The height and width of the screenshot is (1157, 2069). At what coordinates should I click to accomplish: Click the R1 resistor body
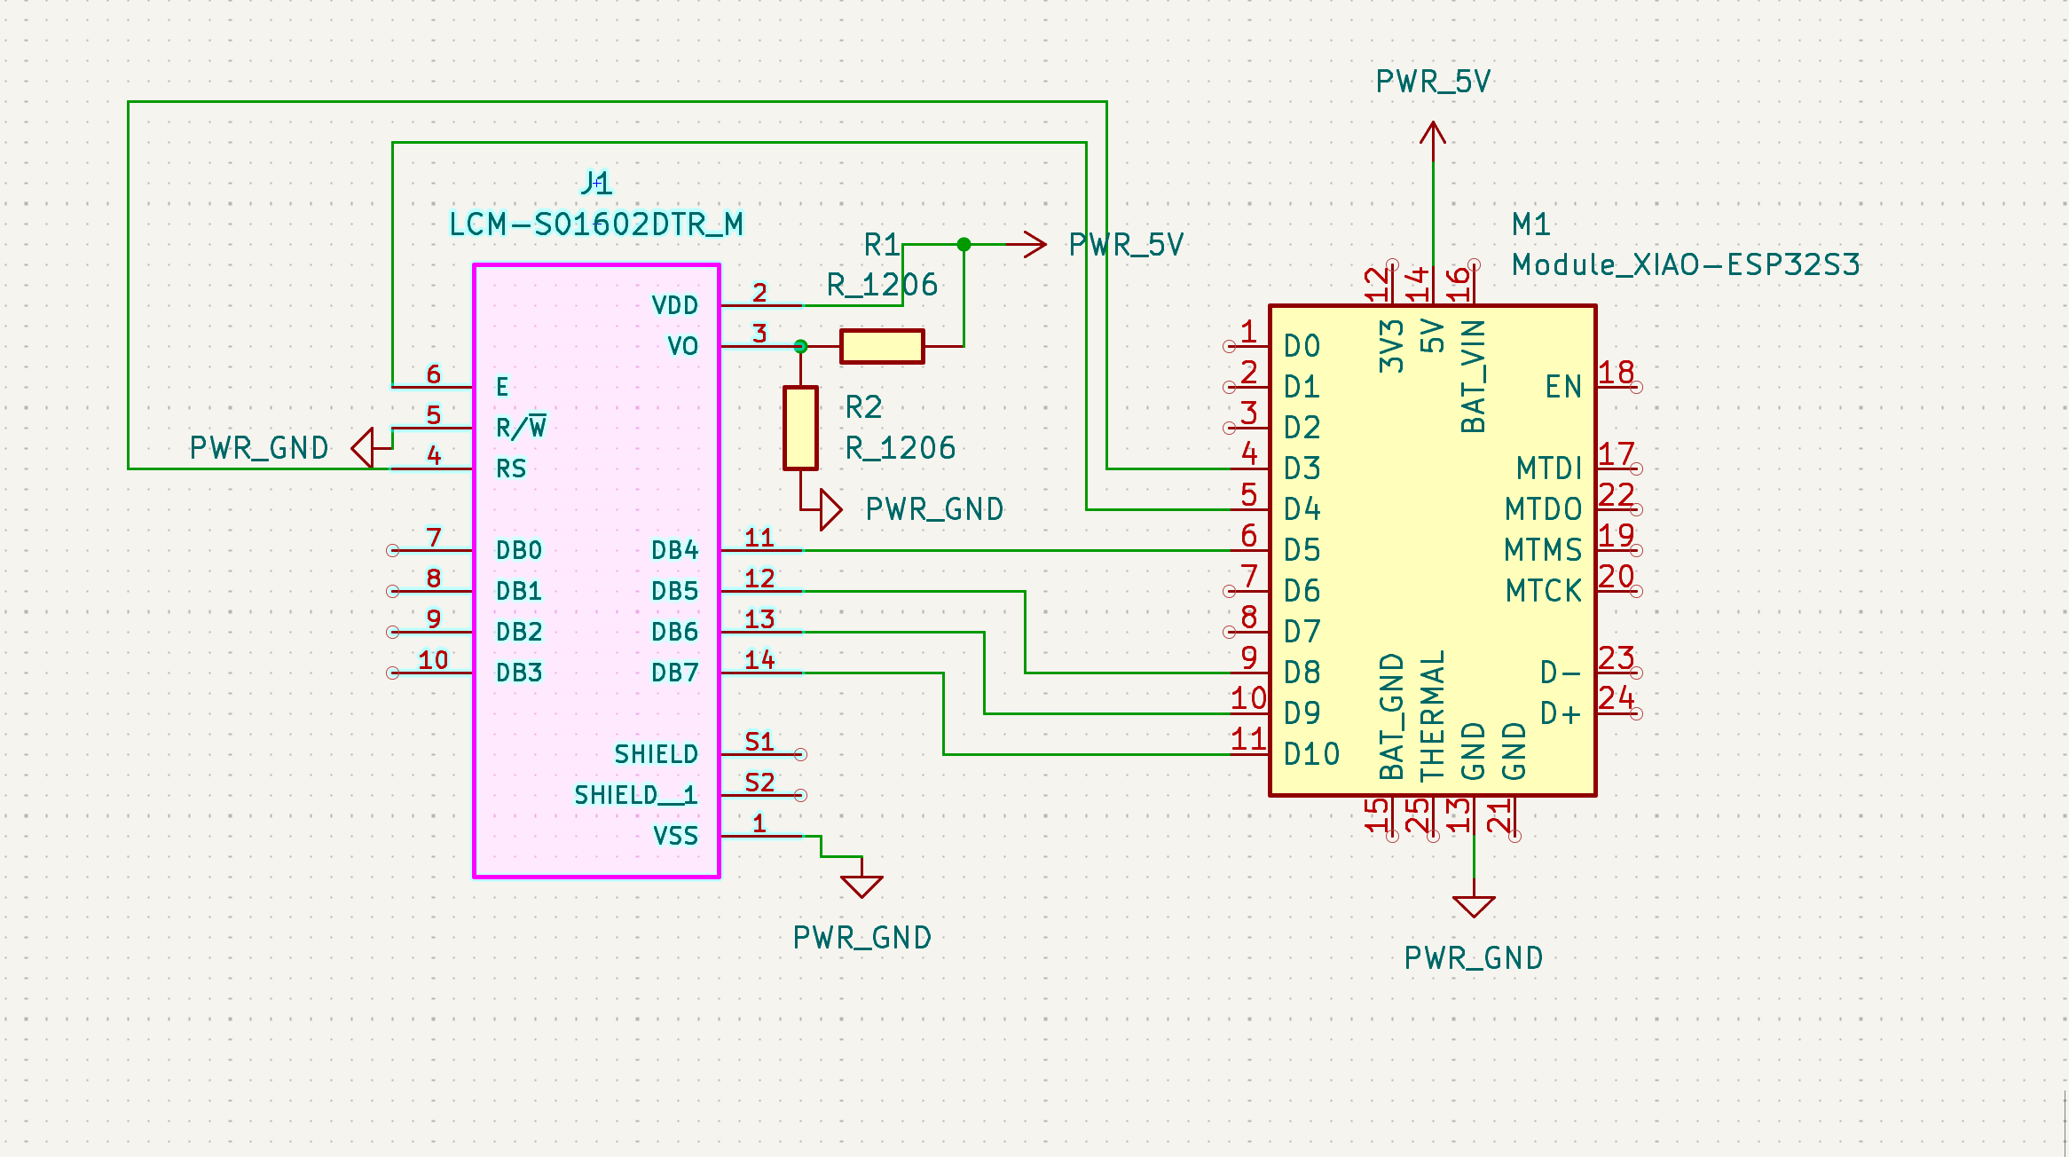pyautogui.click(x=882, y=346)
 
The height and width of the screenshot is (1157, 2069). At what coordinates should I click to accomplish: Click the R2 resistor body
pyautogui.click(x=800, y=428)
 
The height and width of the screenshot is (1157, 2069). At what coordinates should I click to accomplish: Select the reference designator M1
pyautogui.click(x=1531, y=224)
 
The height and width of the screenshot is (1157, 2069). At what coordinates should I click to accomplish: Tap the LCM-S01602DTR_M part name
pyautogui.click(x=596, y=224)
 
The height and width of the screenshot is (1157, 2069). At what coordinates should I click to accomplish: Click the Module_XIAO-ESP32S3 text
pyautogui.click(x=1686, y=265)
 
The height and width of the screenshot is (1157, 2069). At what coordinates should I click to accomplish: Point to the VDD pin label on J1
pyautogui.click(x=674, y=306)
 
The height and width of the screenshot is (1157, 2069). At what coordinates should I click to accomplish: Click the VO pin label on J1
pyautogui.click(x=682, y=347)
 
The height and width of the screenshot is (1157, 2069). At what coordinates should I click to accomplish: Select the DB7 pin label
pyautogui.click(x=674, y=673)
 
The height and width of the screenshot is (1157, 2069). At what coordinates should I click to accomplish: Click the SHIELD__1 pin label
pyautogui.click(x=635, y=796)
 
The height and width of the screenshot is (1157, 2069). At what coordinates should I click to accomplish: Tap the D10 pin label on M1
pyautogui.click(x=1311, y=755)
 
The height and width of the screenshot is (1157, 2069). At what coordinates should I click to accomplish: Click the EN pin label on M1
pyautogui.click(x=1563, y=388)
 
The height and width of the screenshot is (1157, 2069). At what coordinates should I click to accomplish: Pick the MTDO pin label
pyautogui.click(x=1544, y=510)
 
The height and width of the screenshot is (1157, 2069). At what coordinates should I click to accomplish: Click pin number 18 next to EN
pyautogui.click(x=1617, y=373)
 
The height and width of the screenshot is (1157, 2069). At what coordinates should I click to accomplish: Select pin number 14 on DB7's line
pyautogui.click(x=759, y=660)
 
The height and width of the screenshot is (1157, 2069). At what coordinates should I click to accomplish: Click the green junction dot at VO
pyautogui.click(x=800, y=346)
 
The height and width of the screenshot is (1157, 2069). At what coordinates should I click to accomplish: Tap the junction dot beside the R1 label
pyautogui.click(x=964, y=244)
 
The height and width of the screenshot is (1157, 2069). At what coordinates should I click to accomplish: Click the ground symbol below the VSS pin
pyautogui.click(x=861, y=885)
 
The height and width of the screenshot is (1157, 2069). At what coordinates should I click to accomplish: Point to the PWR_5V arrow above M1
pyautogui.click(x=1433, y=135)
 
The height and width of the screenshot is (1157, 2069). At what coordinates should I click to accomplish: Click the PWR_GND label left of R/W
pyautogui.click(x=259, y=448)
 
